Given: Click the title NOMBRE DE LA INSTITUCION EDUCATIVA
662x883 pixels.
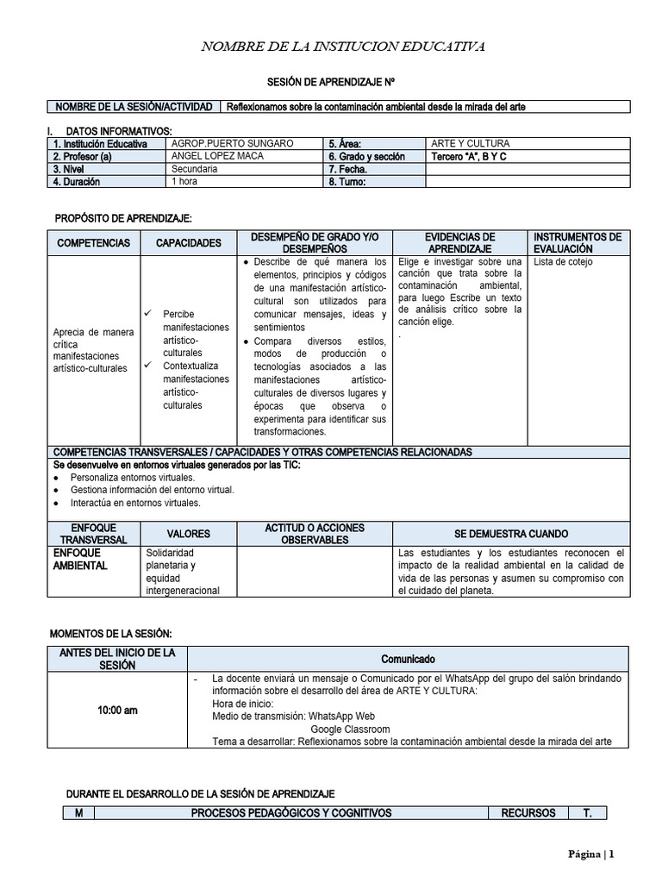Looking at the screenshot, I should (343, 46).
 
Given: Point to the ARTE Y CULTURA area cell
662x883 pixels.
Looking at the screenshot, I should (470, 143).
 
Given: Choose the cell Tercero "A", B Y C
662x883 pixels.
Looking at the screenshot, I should (468, 156).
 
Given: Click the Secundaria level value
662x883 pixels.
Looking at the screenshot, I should (194, 169).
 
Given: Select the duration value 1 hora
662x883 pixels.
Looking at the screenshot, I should (185, 182).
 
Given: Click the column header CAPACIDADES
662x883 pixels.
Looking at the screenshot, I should (188, 243).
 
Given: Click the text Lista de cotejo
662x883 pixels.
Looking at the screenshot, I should (563, 261).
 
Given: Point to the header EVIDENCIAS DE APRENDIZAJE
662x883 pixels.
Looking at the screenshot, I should (459, 242).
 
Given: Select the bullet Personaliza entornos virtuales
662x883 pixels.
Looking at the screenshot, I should (133, 477).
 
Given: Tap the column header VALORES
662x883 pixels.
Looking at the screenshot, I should (188, 534).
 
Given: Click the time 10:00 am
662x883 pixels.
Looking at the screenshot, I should (116, 711).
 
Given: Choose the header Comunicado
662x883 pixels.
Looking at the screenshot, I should (408, 658).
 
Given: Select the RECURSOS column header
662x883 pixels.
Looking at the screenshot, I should (528, 812).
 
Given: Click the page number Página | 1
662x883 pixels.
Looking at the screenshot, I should (590, 855).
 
